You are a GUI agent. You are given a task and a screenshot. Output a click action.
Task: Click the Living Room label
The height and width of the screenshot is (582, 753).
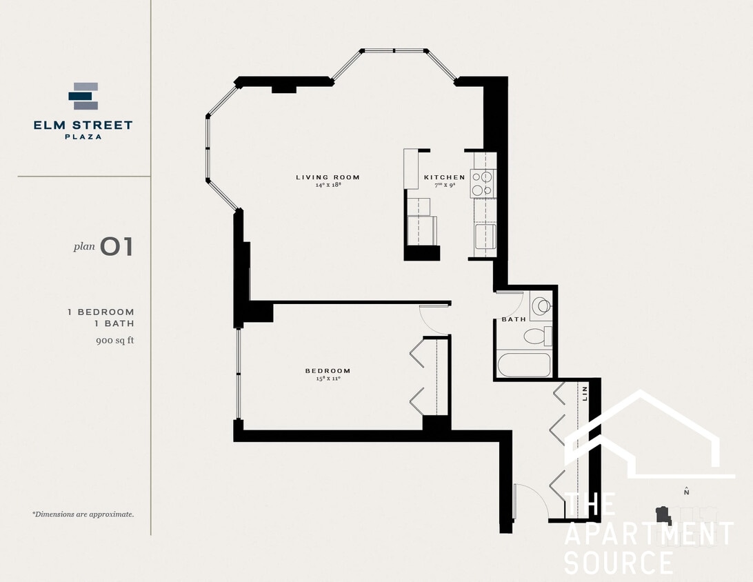(x=328, y=177)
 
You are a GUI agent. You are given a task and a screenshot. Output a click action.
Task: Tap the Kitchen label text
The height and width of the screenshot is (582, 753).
(x=444, y=177)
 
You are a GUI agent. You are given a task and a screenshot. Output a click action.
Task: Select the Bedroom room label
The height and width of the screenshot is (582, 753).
(x=328, y=371)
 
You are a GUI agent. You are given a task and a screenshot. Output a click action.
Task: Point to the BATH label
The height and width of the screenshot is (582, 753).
(x=513, y=319)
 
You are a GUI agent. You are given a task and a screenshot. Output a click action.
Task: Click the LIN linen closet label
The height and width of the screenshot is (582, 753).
(x=585, y=394)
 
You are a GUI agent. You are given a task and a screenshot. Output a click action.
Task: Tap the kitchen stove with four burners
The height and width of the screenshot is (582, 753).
(x=483, y=183)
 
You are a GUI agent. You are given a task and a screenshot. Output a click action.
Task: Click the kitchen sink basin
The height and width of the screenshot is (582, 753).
(x=485, y=236)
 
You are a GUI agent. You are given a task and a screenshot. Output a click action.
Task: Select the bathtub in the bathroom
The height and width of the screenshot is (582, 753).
(x=524, y=364)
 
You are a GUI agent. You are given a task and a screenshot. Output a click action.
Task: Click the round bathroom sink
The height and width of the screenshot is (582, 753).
(x=541, y=305)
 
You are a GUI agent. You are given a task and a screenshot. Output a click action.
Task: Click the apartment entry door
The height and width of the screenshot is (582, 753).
(x=532, y=501)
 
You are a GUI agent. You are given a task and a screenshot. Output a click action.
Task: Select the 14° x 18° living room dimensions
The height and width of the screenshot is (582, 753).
(x=328, y=185)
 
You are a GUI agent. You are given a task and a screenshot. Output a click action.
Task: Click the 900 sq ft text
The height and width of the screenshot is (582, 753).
(x=114, y=340)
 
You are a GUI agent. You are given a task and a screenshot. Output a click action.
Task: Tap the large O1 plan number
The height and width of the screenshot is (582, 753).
(x=116, y=247)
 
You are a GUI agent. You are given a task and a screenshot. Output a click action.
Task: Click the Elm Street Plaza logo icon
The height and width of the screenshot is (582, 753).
(x=83, y=97)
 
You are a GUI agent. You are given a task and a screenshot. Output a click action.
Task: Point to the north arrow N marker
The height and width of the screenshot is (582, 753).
(x=686, y=492)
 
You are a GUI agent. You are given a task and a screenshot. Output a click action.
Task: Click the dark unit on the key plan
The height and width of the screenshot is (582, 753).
(x=663, y=515)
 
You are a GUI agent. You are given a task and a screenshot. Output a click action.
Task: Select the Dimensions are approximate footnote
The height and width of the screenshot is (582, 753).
(x=83, y=514)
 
